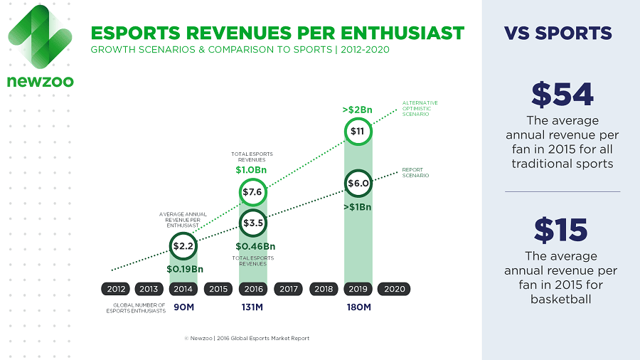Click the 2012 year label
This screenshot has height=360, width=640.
coord(114,289)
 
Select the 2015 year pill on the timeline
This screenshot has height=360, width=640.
coord(218,289)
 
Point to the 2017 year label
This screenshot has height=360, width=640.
coord(288,289)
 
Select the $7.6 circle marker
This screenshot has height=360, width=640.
coord(253,192)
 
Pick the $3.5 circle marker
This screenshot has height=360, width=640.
coord(253,223)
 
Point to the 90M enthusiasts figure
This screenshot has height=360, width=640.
coord(183,307)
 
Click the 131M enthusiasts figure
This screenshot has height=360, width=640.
coord(253,307)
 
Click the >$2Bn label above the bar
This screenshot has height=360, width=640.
coord(358,110)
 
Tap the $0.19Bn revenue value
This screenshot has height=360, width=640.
coord(183,270)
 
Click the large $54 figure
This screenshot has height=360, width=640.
coord(562,95)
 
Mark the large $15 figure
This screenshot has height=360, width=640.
coord(562,230)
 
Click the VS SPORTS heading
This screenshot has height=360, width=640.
coord(558,33)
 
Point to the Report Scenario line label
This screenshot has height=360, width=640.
coord(415,173)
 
